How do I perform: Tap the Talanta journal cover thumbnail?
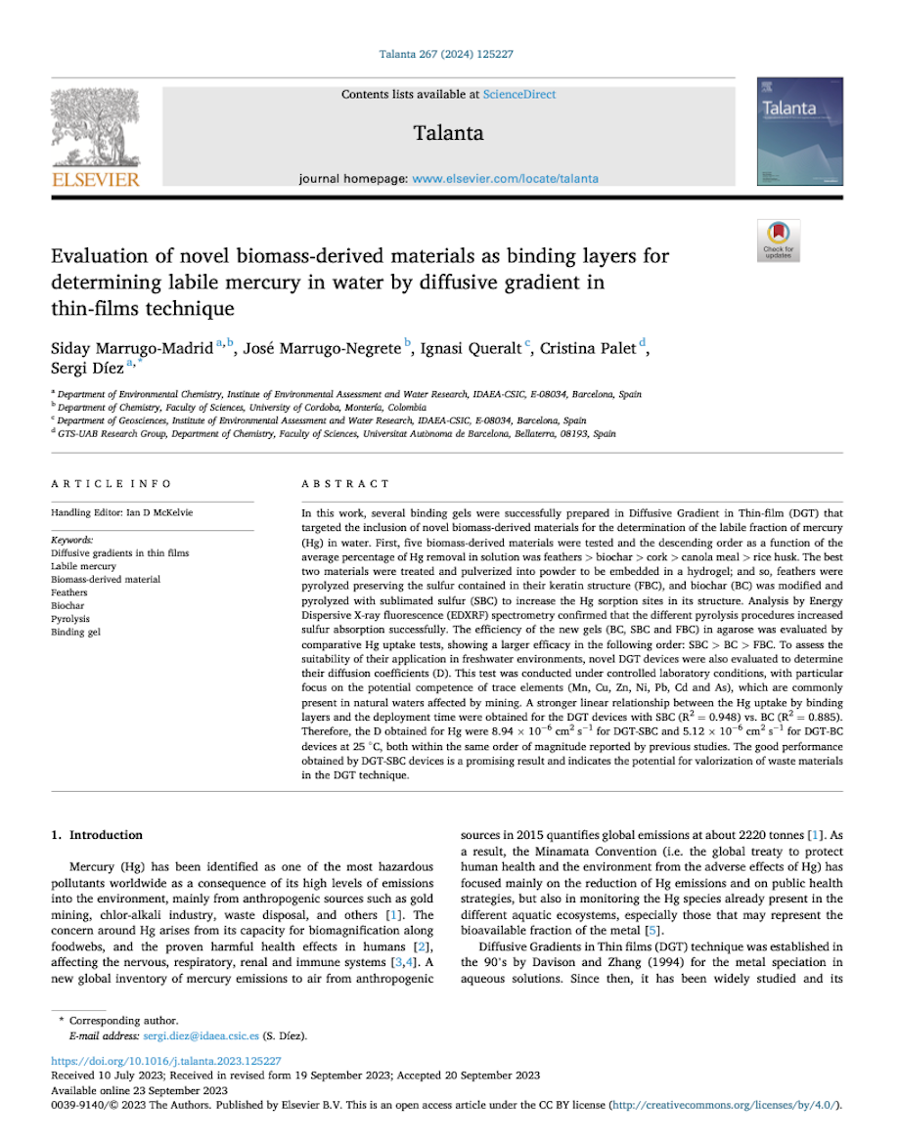coord(799,132)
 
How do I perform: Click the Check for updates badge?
coord(779,240)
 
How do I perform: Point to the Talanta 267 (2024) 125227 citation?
coord(446,54)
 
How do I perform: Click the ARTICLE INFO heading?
coord(111,484)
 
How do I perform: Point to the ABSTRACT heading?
coord(345,484)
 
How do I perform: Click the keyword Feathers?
coord(68,593)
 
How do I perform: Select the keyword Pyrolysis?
coord(69,619)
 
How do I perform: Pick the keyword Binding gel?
coord(74,633)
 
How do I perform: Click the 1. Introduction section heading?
coord(96,835)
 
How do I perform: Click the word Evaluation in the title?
coord(96,256)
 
